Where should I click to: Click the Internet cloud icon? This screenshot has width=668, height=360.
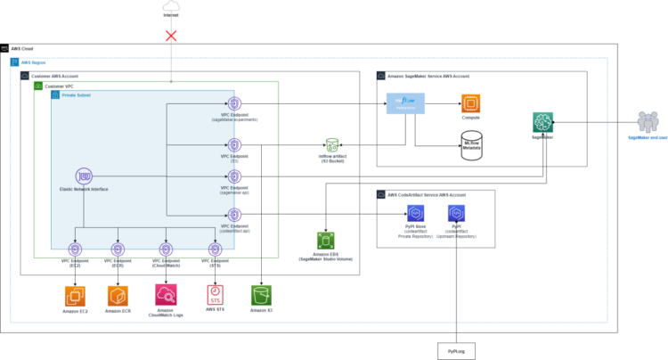pos(170,8)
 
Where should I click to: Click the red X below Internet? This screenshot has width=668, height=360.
pos(170,37)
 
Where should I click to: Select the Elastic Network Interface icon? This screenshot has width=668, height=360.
pos(86,176)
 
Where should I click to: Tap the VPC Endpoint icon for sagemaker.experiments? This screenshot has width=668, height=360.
pos(233,104)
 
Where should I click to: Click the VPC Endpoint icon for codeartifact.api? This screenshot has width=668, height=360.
pos(233,214)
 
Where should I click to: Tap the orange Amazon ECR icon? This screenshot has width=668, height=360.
pos(118,295)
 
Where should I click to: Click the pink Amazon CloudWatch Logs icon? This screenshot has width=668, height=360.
pos(166,293)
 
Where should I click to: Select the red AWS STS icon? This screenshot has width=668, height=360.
pos(215,294)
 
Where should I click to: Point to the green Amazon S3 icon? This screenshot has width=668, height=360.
pos(261,295)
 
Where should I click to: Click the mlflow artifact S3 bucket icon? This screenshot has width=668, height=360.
pos(331,144)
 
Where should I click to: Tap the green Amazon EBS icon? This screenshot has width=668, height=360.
pos(324,241)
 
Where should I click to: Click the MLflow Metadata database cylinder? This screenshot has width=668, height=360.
pos(470,143)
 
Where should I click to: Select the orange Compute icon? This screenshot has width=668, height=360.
pos(470,103)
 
